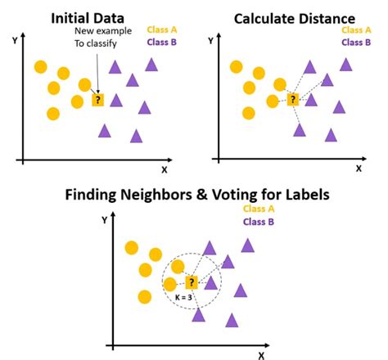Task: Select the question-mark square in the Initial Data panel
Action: pyautogui.click(x=97, y=100)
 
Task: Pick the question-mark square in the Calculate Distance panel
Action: pyautogui.click(x=292, y=100)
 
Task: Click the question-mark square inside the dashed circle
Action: pyautogui.click(x=192, y=283)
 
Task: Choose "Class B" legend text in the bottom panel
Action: pyautogui.click(x=256, y=223)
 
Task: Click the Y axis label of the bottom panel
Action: pyautogui.click(x=104, y=219)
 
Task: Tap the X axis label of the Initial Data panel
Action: pyautogui.click(x=165, y=170)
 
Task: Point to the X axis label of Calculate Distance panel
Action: pyautogui.click(x=358, y=169)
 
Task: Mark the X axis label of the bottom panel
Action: pyautogui.click(x=261, y=354)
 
